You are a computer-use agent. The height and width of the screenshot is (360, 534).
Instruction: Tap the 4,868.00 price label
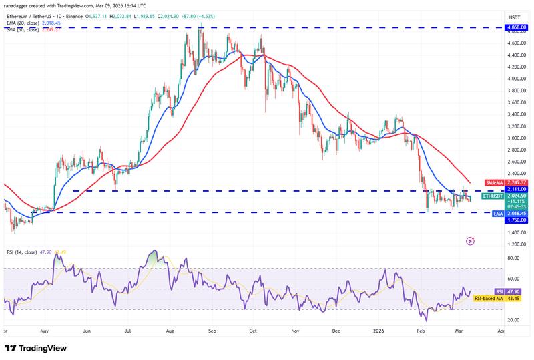pos(515,28)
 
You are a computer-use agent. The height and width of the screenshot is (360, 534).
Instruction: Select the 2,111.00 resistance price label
pos(515,190)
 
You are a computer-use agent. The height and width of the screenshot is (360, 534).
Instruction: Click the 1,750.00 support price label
pos(515,218)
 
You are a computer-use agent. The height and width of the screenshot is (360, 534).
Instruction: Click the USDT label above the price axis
pos(515,17)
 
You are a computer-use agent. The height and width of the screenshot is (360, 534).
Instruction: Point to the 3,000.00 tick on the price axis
pos(514,138)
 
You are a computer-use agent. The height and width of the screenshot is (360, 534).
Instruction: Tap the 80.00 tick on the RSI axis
pos(514,258)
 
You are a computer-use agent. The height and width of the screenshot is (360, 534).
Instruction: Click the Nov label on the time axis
pos(295,330)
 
